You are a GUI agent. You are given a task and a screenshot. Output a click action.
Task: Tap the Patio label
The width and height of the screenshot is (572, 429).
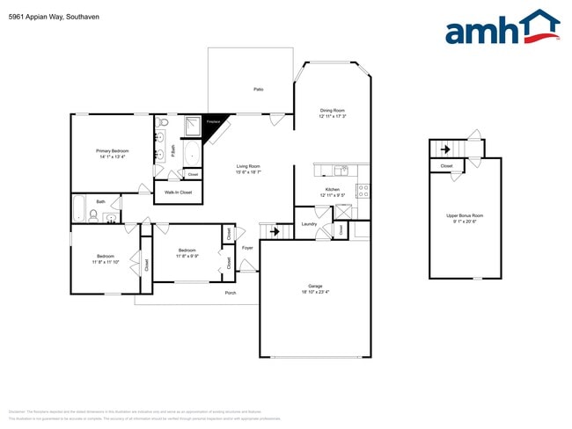[x=259, y=90]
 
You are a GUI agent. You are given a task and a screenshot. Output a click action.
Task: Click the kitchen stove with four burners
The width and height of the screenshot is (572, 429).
[x=362, y=189]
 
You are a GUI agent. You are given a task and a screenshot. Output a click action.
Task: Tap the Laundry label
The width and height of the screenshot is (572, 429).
[x=308, y=224]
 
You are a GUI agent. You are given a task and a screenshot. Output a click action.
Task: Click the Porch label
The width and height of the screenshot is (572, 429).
[x=231, y=293]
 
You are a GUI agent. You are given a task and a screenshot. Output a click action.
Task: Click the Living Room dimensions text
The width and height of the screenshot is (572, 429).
[x=248, y=172]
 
